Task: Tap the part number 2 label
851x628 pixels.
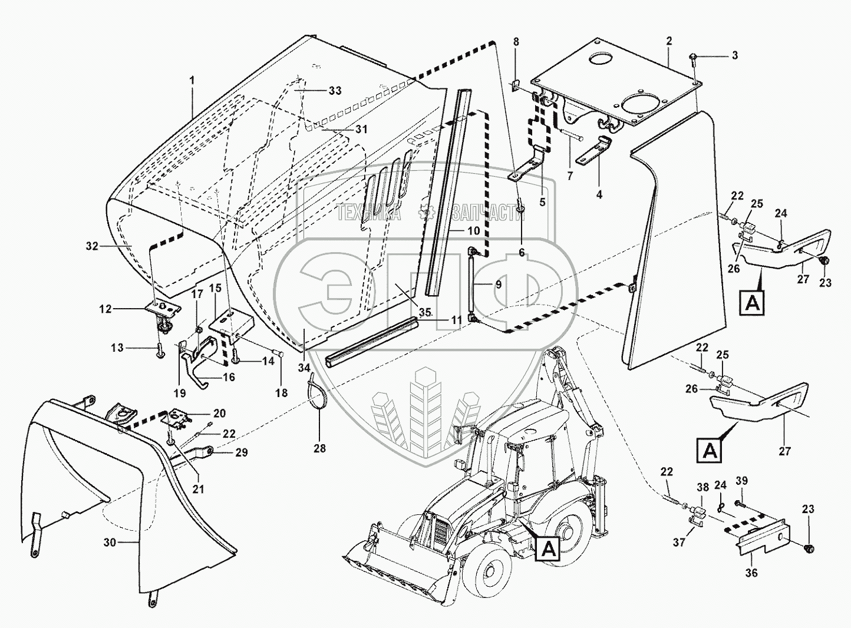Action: pyautogui.click(x=669, y=41)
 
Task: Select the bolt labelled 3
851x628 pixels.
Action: pyautogui.click(x=693, y=57)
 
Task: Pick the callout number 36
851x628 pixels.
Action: pyautogui.click(x=751, y=572)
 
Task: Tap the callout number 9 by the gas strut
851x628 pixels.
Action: pyautogui.click(x=499, y=284)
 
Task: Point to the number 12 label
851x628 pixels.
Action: pyautogui.click(x=105, y=308)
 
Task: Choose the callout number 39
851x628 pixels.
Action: pyautogui.click(x=741, y=481)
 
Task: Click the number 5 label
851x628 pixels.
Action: pyautogui.click(x=542, y=201)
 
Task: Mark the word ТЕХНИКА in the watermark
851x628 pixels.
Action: pyautogui.click(x=369, y=214)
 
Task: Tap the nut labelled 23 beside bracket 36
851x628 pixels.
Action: pyautogui.click(x=809, y=549)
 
